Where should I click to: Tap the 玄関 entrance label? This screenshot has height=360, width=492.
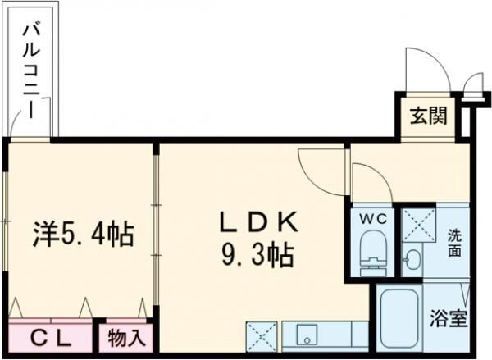click(x=429, y=116)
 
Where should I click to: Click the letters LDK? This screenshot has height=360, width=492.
click(x=256, y=223)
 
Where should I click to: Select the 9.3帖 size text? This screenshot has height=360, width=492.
click(x=256, y=257)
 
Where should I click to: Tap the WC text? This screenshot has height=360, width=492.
click(x=374, y=220)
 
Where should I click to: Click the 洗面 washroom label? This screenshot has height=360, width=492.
click(x=454, y=243)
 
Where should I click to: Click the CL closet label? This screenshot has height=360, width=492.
click(x=51, y=338)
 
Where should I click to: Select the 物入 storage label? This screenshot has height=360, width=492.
click(x=126, y=338)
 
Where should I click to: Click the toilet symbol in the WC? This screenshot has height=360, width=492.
click(x=374, y=253)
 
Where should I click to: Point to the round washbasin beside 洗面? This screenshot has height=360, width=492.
click(x=412, y=261)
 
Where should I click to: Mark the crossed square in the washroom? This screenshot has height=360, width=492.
click(x=418, y=224)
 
